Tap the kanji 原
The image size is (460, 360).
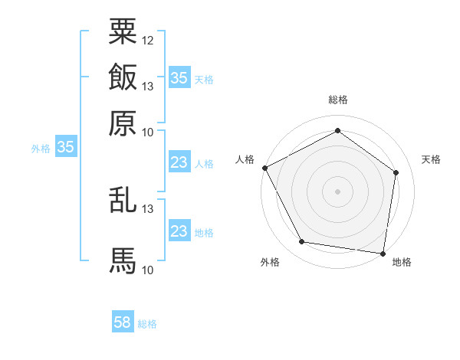click(x=123, y=122)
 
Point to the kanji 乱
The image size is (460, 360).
click(x=123, y=198)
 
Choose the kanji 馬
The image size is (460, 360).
click(x=123, y=260)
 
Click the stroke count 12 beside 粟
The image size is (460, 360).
click(x=148, y=40)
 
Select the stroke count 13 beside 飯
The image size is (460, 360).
click(x=148, y=86)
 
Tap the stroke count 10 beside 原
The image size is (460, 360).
click(x=148, y=132)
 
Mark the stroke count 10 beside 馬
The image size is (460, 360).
click(x=148, y=270)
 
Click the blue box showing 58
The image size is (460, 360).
click(x=123, y=322)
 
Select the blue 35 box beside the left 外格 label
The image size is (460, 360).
click(x=65, y=148)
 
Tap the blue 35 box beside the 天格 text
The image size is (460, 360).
click(x=179, y=77)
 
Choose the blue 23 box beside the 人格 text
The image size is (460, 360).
click(x=179, y=162)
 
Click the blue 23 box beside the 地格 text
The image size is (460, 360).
click(x=179, y=231)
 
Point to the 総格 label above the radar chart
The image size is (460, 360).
click(x=338, y=100)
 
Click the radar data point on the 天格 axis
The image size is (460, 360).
click(x=396, y=172)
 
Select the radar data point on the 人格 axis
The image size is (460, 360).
click(x=264, y=168)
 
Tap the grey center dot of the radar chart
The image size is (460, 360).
click(x=338, y=191)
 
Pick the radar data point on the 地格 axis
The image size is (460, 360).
click(x=383, y=253)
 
